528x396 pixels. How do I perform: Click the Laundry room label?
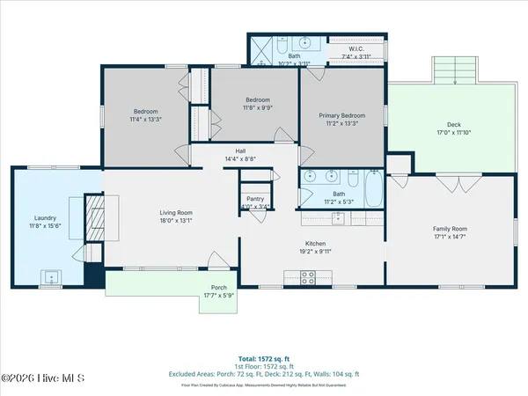tap(46, 217)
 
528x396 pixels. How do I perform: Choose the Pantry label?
tap(255, 200)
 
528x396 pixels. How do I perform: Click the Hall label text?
tap(239, 150)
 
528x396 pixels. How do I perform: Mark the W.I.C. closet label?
tap(356, 49)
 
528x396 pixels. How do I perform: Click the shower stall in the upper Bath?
tap(262, 49)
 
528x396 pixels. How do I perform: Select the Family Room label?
tap(449, 229)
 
